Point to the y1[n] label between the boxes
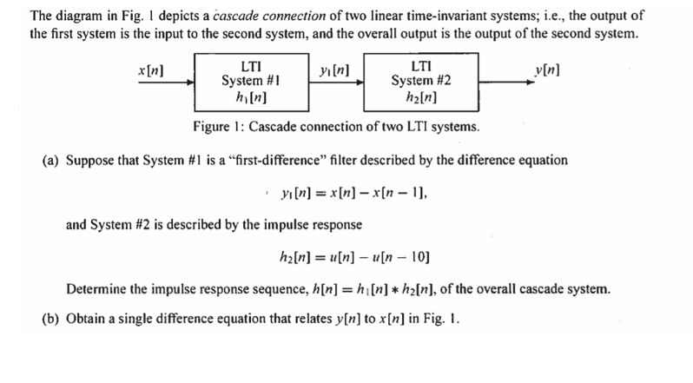pos(335,69)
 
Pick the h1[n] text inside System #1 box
pos(250,96)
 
